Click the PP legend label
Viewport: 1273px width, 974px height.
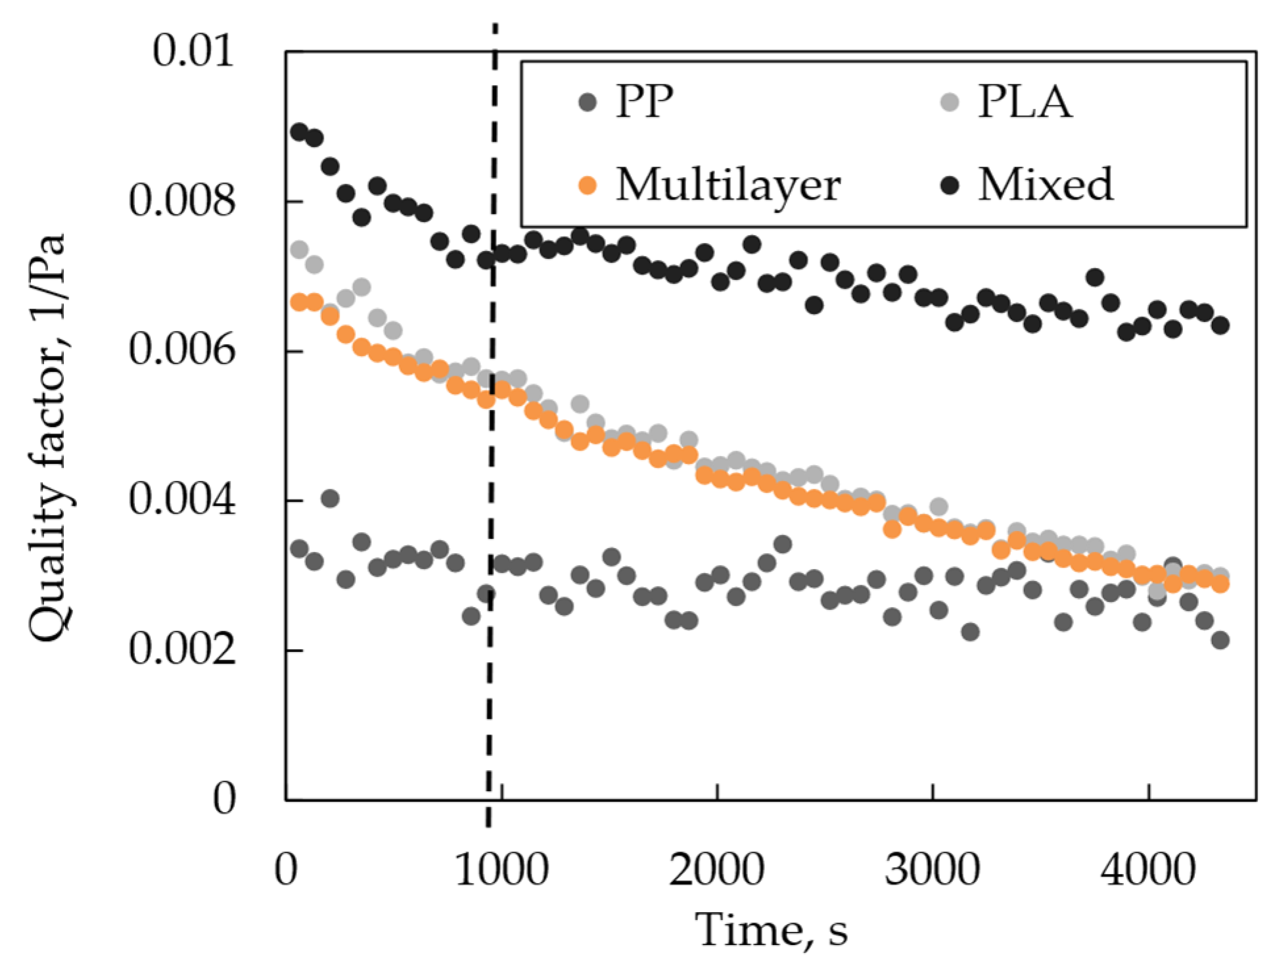(644, 102)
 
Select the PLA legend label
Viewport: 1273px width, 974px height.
(1025, 102)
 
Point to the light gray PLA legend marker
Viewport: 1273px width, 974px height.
(950, 102)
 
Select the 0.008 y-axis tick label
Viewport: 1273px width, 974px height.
(181, 200)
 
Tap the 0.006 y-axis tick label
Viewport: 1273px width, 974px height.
(181, 350)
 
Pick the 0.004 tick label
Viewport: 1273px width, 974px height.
(181, 499)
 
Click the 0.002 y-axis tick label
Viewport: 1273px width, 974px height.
(181, 649)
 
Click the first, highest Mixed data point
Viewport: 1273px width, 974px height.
(299, 131)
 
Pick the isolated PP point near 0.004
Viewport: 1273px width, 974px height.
(330, 498)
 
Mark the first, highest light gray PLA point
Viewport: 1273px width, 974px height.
(299, 249)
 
